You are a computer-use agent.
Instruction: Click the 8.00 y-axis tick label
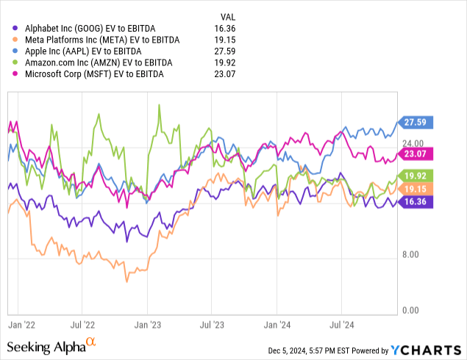(x=409, y=254)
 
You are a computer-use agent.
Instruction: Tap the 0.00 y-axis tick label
(x=409, y=311)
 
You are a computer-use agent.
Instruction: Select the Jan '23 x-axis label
(x=150, y=323)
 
